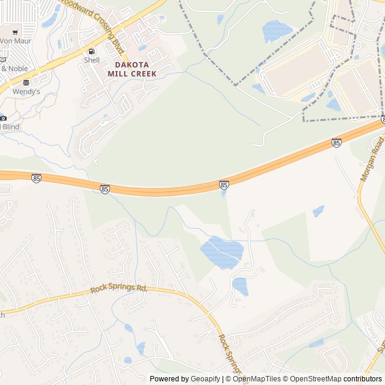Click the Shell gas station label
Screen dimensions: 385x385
(x=91, y=60)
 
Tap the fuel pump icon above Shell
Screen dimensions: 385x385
(x=91, y=51)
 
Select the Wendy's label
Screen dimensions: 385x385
(x=26, y=91)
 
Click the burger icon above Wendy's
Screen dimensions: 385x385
(x=26, y=82)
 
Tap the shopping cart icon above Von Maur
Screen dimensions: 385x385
(x=15, y=32)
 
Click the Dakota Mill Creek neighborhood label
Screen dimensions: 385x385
(x=132, y=69)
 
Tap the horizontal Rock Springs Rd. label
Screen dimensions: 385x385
(x=119, y=289)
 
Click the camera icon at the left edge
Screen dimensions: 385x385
(x=3, y=118)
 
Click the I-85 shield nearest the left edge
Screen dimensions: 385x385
(x=36, y=178)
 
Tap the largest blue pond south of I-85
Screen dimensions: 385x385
(x=221, y=252)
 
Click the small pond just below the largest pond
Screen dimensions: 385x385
(x=240, y=286)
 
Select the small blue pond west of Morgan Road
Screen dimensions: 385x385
(x=318, y=211)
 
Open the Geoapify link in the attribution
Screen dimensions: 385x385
(x=206, y=379)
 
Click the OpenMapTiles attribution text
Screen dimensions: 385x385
(x=257, y=379)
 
